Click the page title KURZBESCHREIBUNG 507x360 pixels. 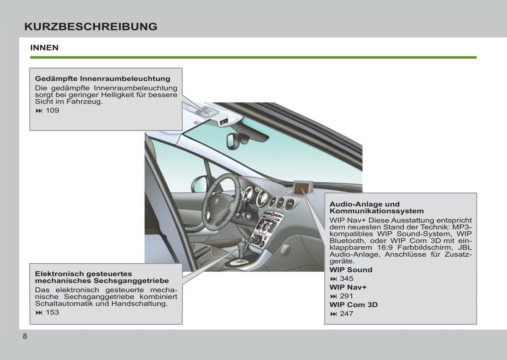pyautogui.click(x=91, y=27)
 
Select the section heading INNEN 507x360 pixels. pyautogui.click(x=44, y=48)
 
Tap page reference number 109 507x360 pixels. pyautogui.click(x=52, y=111)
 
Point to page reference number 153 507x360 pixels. pyautogui.click(x=52, y=312)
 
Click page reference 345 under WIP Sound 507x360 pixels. pyautogui.click(x=347, y=279)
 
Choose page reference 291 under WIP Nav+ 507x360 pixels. pyautogui.click(x=346, y=296)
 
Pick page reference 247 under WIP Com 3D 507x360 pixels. pyautogui.click(x=346, y=314)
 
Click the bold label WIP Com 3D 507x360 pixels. pyautogui.click(x=353, y=305)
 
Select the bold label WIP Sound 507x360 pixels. pyautogui.click(x=351, y=270)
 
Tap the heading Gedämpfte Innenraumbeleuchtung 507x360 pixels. pyautogui.click(x=102, y=79)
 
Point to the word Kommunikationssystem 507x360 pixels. pyautogui.click(x=376, y=211)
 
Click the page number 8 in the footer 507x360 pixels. pyautogui.click(x=25, y=336)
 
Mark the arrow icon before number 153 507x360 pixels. pyautogui.click(x=39, y=313)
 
